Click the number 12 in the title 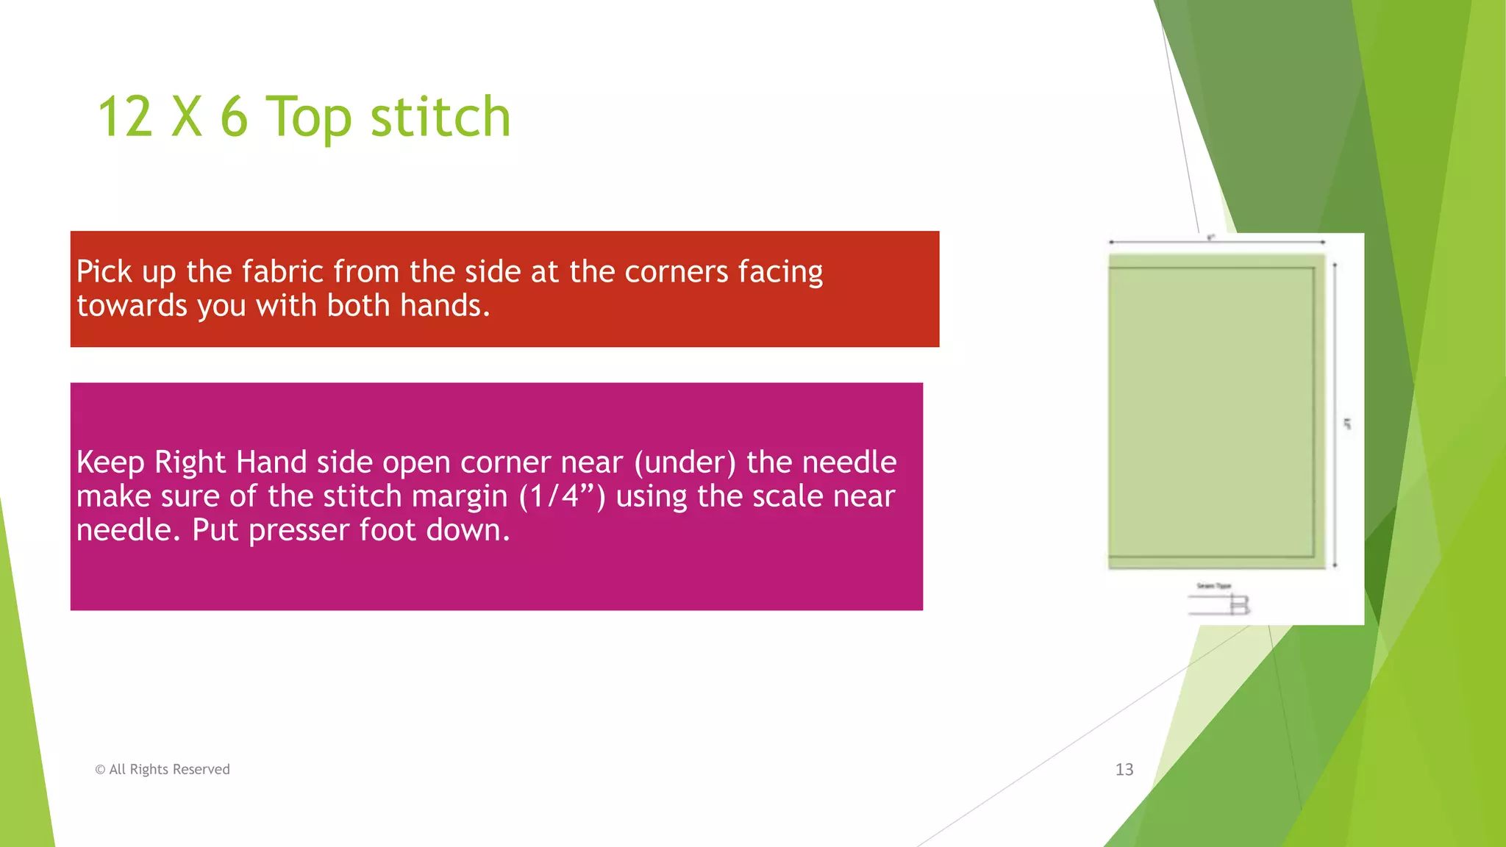125,117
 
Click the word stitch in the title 440,117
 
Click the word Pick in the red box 104,271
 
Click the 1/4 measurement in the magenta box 561,496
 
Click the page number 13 1124,769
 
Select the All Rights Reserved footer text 169,769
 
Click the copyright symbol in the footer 100,770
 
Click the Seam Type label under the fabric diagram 1213,586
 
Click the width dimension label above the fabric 1211,237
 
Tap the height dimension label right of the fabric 1347,423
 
